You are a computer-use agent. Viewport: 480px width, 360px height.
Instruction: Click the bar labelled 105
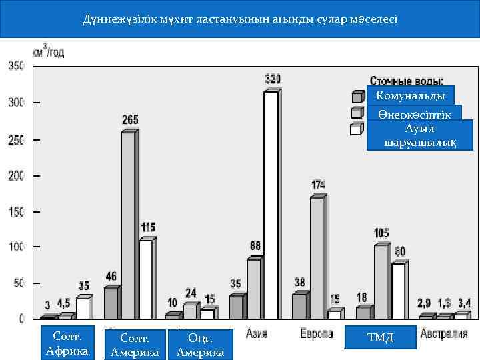point(380,280)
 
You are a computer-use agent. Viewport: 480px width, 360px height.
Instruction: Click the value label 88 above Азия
point(255,246)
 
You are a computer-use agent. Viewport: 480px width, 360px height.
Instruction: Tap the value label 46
point(111,276)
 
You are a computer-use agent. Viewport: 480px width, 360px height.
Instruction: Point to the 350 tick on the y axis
point(15,65)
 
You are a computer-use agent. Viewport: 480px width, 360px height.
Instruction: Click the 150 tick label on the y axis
point(15,211)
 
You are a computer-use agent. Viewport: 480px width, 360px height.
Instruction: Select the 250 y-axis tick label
point(15,139)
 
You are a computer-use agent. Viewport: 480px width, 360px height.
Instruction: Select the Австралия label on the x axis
point(443,333)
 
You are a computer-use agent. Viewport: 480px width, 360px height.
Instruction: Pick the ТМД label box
point(381,338)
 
